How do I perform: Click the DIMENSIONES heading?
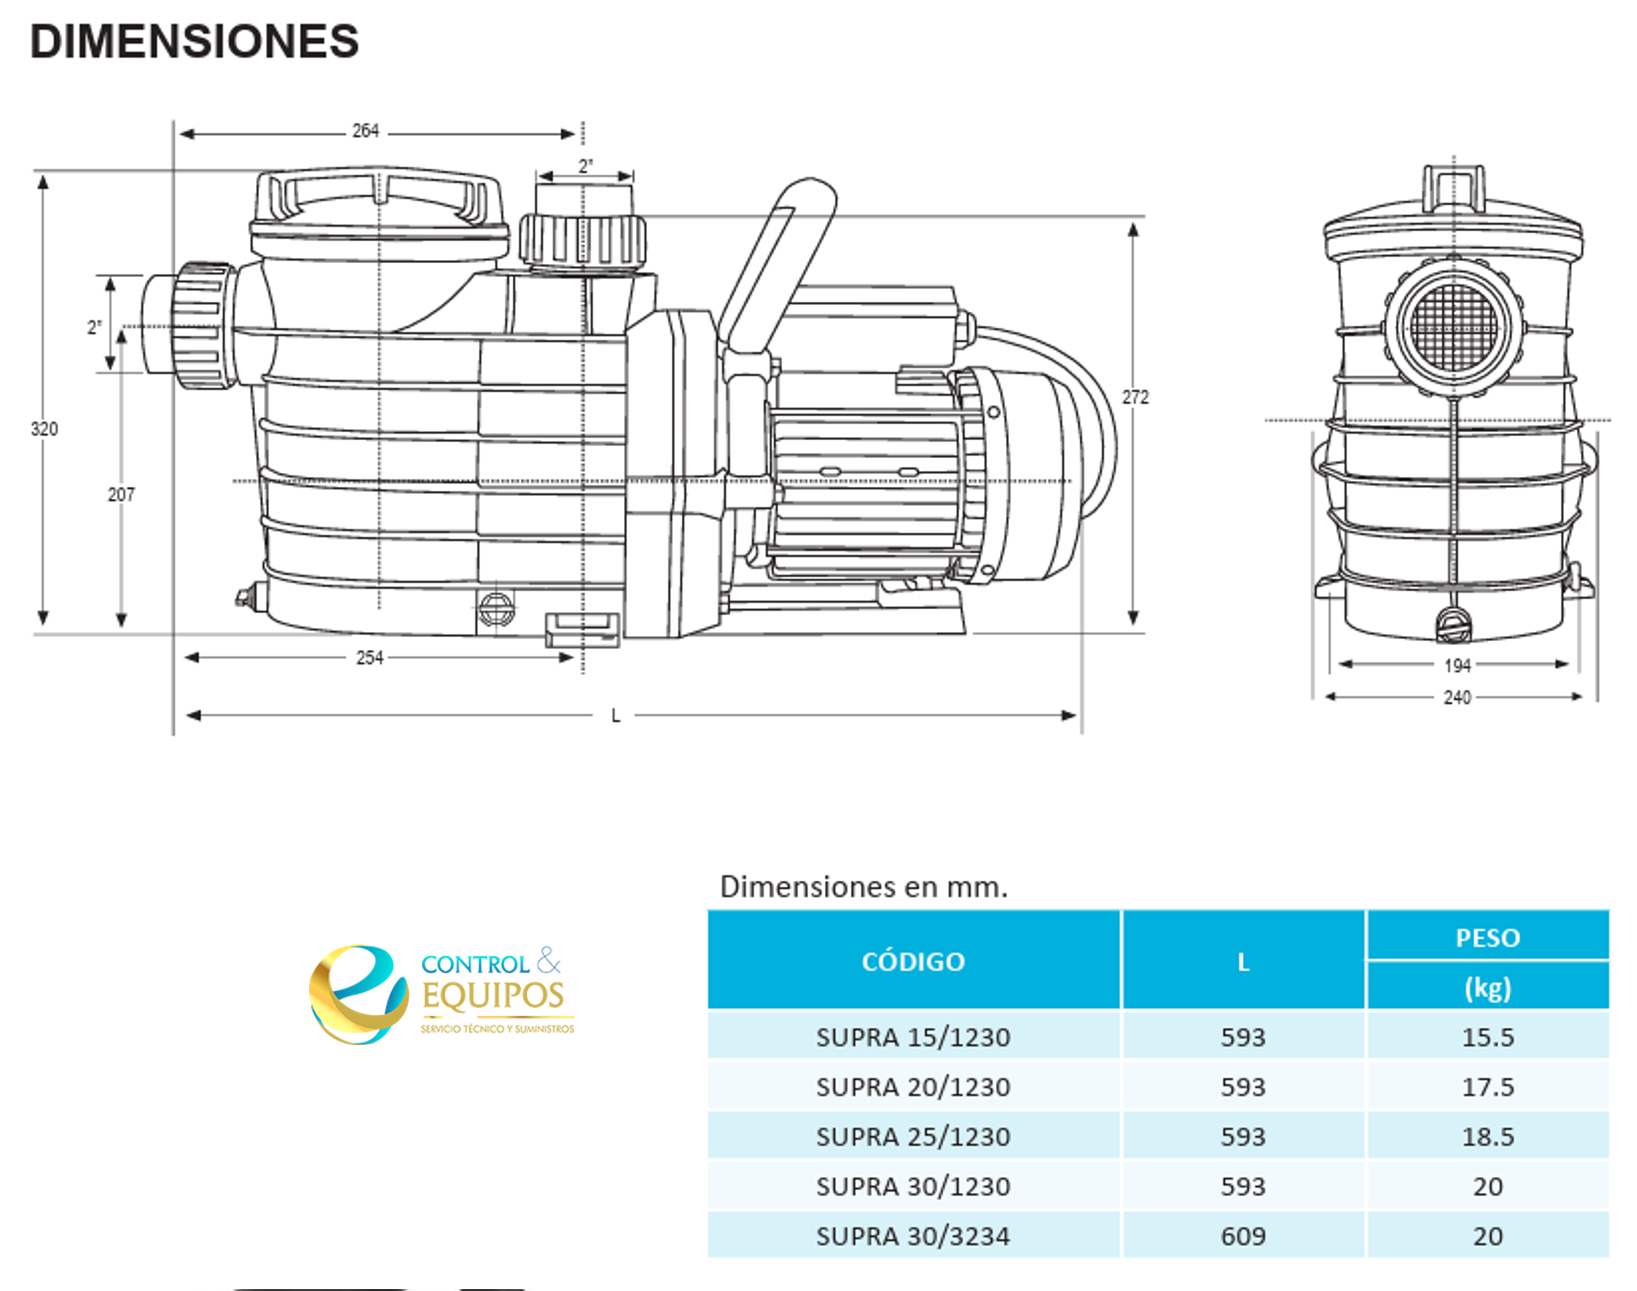194,42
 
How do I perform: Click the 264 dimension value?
366,131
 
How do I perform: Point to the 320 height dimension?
44,429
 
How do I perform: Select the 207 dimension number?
121,494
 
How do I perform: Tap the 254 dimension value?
370,657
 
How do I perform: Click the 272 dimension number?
1135,398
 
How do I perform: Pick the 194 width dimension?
1457,666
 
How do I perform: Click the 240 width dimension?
1457,698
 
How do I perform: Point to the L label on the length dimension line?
616,716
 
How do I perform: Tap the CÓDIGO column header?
913,961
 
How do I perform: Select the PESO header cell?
1487,938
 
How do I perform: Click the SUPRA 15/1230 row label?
913,1037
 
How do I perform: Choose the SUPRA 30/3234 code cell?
913,1237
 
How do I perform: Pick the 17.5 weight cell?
1487,1087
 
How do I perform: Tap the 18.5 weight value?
1487,1137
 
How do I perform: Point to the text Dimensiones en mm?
863,887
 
